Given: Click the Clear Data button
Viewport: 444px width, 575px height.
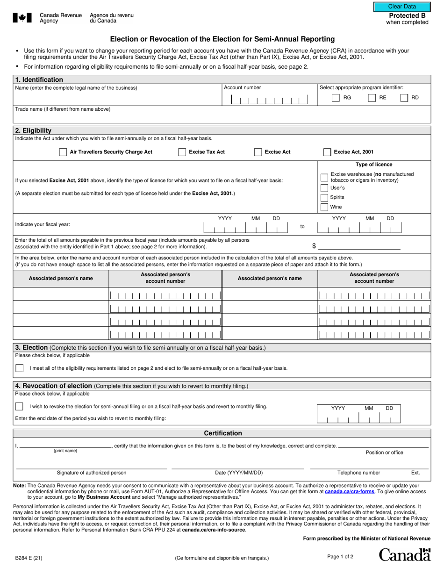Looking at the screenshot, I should point(402,7).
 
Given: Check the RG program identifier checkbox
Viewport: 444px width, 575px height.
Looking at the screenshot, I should point(336,98).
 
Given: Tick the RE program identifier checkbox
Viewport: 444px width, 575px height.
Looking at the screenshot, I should point(372,98).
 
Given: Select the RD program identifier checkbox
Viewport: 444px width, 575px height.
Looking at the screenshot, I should point(404,98).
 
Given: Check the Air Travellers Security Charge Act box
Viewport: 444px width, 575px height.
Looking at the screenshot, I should point(63,152).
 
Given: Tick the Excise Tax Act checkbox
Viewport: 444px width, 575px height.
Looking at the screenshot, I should point(182,152).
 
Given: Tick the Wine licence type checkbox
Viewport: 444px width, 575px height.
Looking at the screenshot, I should point(324,207).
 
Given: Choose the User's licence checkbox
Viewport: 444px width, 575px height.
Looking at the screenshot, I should point(324,188).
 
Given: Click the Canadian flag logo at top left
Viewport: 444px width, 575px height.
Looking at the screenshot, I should point(22,18).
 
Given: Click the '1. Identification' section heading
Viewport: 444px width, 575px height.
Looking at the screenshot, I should point(39,79).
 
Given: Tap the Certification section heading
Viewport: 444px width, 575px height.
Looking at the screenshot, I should point(222,433).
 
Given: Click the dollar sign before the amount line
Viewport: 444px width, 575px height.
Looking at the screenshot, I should point(314,246).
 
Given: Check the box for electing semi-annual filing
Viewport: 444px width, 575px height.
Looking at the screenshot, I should point(20,368).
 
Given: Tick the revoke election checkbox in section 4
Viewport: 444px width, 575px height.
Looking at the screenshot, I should point(20,406).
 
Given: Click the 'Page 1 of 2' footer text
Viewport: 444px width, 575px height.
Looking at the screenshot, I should point(340,556).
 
